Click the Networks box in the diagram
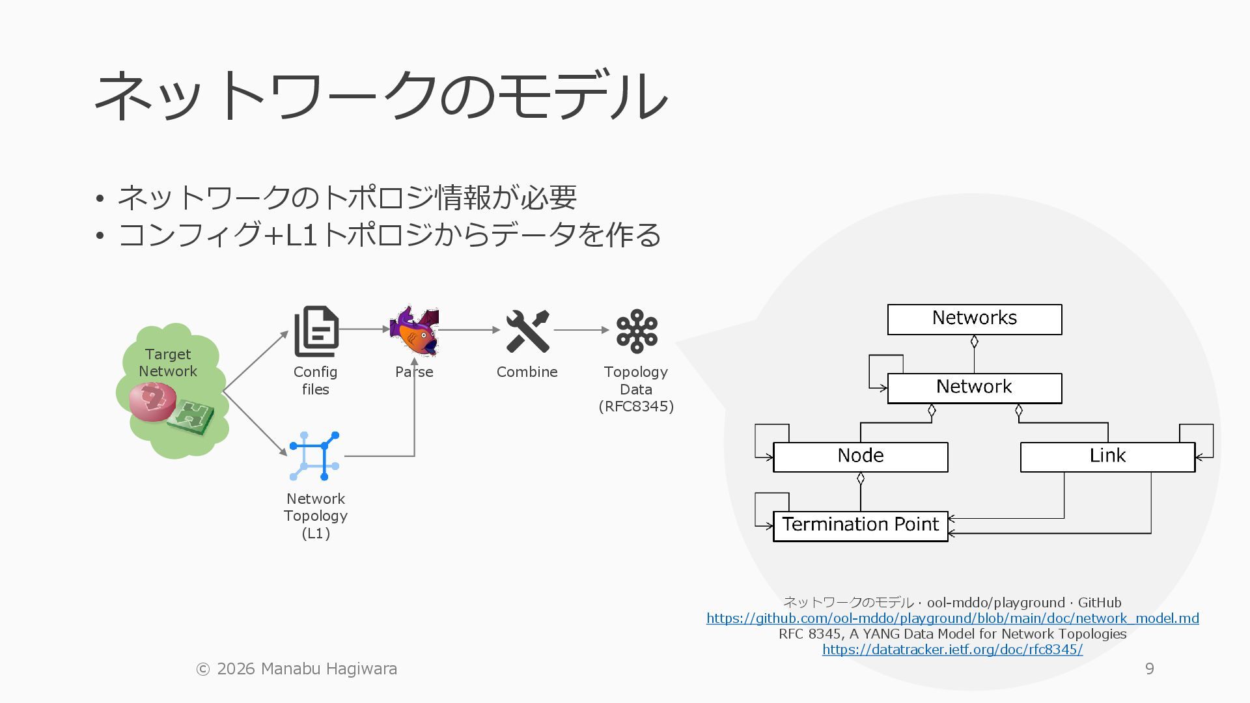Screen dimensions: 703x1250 point(974,319)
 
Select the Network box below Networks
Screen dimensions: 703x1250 point(974,388)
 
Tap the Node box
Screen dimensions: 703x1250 point(860,457)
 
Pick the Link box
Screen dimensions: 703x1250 point(1107,457)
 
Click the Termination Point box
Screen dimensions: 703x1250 point(860,526)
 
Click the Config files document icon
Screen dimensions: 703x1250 point(316,331)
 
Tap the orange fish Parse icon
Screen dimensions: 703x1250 point(415,331)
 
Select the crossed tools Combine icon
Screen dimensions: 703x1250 point(527,331)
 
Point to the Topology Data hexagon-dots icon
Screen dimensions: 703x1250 point(636,331)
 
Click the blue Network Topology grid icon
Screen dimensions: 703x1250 point(315,456)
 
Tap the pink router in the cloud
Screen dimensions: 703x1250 point(152,401)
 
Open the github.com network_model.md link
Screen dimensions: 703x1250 point(952,618)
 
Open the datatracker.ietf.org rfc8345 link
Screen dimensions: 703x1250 point(952,650)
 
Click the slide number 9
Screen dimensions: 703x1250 point(1149,669)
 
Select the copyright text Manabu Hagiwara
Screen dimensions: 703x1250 point(297,669)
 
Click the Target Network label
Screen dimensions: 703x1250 point(168,363)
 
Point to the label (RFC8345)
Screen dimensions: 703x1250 point(636,407)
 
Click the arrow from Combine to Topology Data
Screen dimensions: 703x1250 point(581,330)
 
